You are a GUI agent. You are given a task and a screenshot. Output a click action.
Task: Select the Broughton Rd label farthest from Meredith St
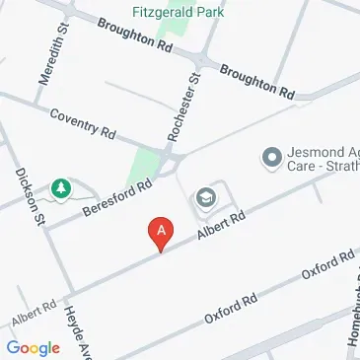[x=256, y=82]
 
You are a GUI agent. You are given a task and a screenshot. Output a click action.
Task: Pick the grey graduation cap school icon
[x=205, y=197]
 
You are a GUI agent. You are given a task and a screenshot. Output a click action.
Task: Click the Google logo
[x=33, y=347]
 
